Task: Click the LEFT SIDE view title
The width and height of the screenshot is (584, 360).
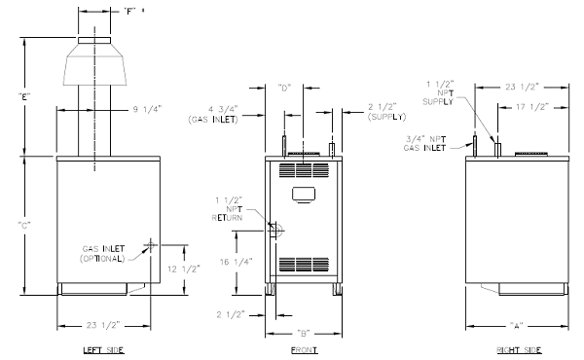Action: click(103, 350)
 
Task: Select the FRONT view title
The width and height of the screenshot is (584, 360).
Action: click(304, 350)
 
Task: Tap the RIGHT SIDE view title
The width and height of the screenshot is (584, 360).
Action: click(519, 350)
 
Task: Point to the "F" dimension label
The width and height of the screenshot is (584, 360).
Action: click(129, 12)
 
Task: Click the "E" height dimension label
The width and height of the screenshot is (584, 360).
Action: click(24, 97)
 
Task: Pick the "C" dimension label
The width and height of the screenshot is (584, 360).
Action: click(24, 225)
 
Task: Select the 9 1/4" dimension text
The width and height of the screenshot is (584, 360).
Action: click(148, 109)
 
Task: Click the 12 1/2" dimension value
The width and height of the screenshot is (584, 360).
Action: click(184, 269)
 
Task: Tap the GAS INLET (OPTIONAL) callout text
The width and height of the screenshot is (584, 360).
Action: click(103, 254)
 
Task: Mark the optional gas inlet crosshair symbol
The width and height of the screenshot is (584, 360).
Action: click(151, 245)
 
